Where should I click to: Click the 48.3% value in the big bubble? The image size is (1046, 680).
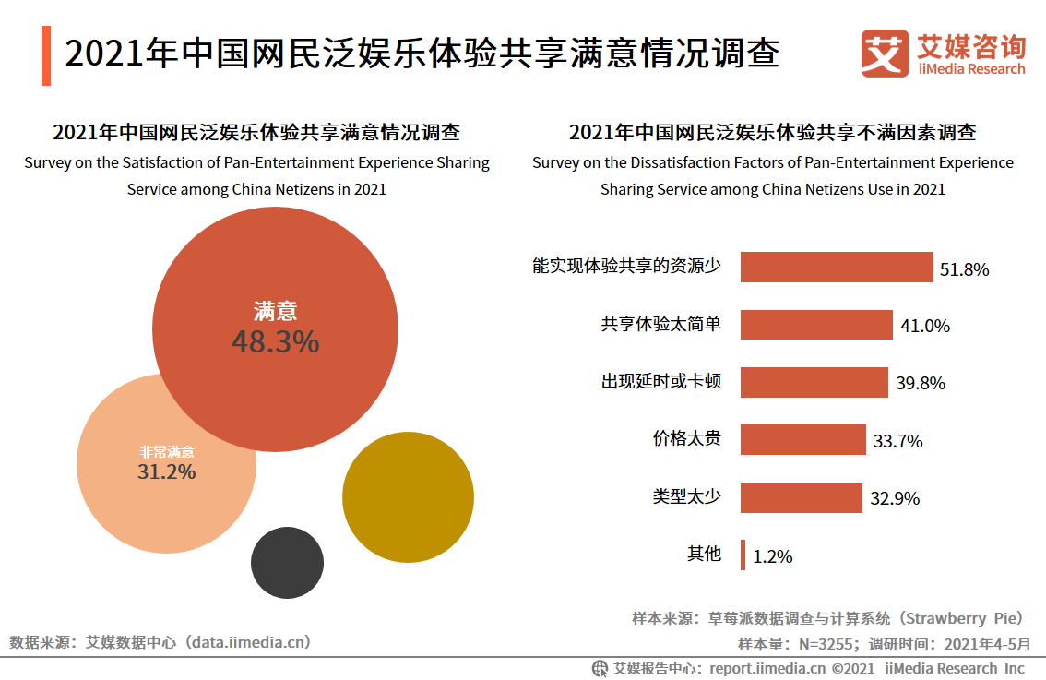click(275, 342)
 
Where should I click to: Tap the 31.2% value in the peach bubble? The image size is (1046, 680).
click(166, 471)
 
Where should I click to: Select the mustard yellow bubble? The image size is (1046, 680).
click(408, 497)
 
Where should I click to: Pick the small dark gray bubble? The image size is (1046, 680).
click(287, 563)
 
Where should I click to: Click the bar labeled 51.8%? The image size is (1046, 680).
click(837, 268)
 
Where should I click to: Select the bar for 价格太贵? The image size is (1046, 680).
click(803, 440)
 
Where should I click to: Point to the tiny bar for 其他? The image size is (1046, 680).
click(743, 555)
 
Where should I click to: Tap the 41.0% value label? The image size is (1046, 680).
click(924, 326)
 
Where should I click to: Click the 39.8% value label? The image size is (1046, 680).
click(920, 383)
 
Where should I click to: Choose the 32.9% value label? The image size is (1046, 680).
click(895, 498)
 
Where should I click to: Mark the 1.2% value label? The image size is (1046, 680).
click(772, 556)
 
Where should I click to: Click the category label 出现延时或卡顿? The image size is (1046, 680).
click(661, 381)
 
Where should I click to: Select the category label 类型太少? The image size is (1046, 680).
click(686, 496)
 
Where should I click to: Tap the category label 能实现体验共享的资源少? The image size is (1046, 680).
click(626, 267)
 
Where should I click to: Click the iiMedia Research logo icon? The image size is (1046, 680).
click(885, 54)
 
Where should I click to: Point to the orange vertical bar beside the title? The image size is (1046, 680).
click(46, 55)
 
